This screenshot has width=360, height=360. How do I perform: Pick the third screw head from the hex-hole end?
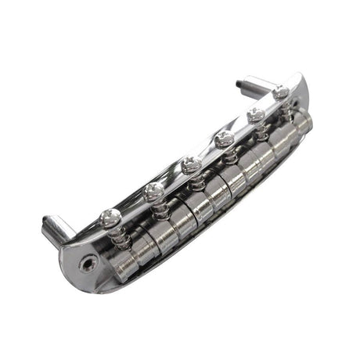tap(188, 164)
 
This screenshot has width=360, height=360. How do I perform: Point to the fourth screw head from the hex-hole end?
tap(223, 140)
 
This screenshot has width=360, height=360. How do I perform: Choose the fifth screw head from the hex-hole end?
tap(255, 115)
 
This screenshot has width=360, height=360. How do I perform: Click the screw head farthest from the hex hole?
tap(282, 92)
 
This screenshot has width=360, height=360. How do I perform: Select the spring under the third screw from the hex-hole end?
tap(195, 182)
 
